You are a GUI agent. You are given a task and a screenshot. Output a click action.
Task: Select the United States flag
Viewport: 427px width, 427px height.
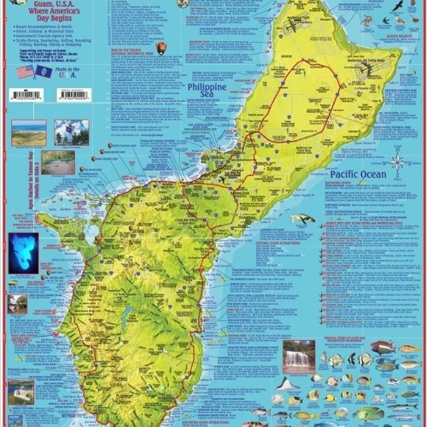[24, 72]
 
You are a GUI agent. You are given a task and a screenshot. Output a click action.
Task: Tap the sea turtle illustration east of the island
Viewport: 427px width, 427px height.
[302, 219]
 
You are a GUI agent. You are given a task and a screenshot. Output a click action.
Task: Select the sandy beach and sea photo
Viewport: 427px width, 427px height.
[28, 132]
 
